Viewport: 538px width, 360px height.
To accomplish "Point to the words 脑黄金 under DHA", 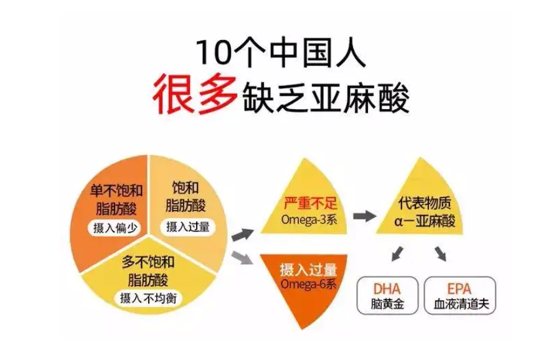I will pos(387,305).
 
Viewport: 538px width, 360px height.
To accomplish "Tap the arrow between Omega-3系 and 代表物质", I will pos(364,216).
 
